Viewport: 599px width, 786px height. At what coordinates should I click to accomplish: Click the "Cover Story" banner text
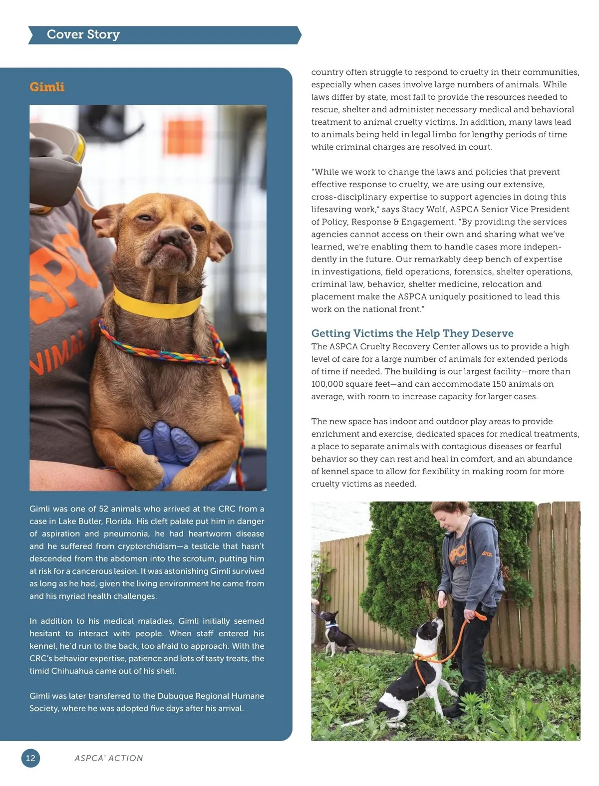pos(83,34)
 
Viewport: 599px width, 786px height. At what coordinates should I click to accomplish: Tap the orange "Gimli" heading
pos(47,87)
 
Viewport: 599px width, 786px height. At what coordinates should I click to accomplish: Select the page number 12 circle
pos(30,758)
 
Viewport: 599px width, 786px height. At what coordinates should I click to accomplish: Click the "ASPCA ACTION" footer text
pos(109,758)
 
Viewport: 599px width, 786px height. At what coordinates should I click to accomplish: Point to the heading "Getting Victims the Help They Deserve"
pos(412,333)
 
